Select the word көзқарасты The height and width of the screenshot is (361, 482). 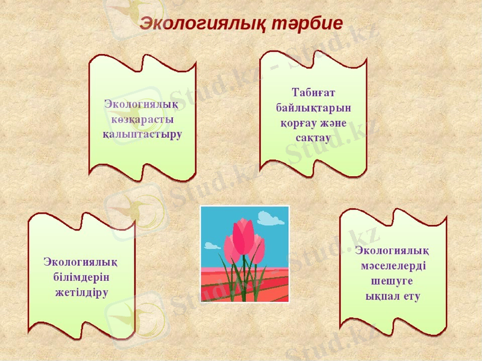pos(142,119)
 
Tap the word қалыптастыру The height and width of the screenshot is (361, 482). pos(142,133)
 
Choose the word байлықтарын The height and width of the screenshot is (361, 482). pos(313,108)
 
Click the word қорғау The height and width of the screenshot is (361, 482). pos(296,123)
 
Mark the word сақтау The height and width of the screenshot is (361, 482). pos(313,138)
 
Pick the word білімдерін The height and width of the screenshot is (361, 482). pos(81,278)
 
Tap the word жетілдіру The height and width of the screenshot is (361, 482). pos(81,293)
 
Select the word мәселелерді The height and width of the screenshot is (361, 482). pos(393,265)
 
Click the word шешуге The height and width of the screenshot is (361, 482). pos(392,281)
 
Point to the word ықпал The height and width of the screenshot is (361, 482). pos(381,296)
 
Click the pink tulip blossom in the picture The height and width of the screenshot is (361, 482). pos(243,237)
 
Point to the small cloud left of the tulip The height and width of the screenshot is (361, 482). pos(212,245)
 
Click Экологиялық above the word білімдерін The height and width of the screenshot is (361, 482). pos(81,263)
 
